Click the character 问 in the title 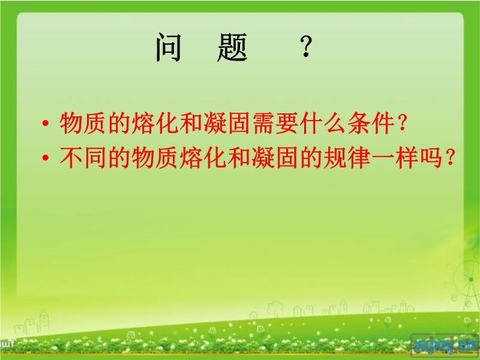click(x=169, y=48)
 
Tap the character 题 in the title click(x=232, y=48)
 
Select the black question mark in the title click(x=306, y=46)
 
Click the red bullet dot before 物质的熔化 click(x=46, y=124)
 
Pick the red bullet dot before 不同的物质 click(x=46, y=158)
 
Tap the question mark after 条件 click(x=402, y=124)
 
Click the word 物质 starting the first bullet click(x=84, y=124)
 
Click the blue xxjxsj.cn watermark click(x=444, y=344)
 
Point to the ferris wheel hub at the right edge click(x=470, y=280)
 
